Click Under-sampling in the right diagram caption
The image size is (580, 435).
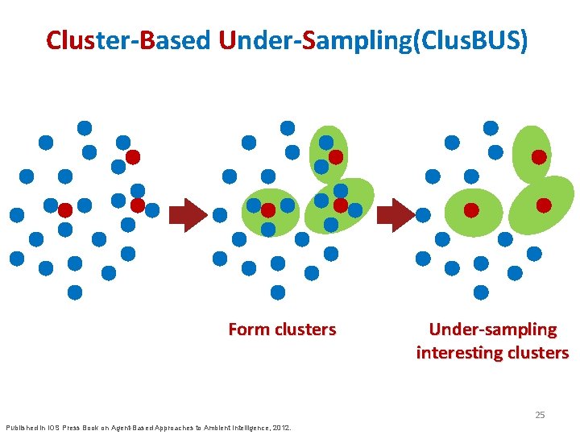[492, 329]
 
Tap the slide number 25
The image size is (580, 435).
[540, 415]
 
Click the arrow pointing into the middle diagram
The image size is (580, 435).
[190, 214]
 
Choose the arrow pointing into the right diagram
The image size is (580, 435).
[396, 214]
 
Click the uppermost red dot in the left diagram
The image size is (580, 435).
[133, 156]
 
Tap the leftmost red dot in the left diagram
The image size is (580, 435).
[65, 209]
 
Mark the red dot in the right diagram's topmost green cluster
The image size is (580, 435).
[538, 157]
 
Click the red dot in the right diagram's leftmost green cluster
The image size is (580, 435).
[471, 209]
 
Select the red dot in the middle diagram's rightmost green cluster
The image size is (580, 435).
[341, 205]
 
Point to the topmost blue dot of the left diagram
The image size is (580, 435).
[85, 127]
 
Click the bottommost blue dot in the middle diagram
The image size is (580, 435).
[278, 292]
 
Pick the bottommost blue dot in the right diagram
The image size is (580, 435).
[481, 292]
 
